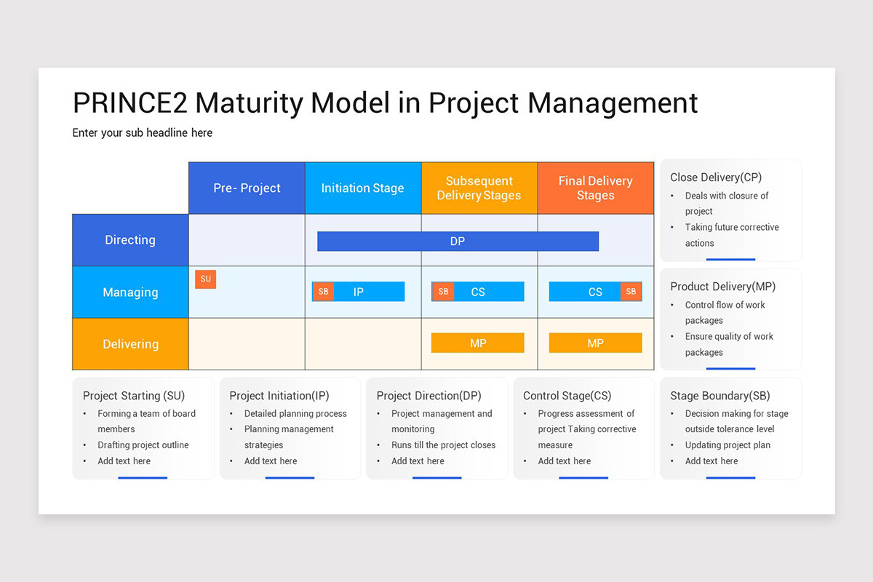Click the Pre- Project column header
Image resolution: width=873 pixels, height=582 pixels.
[247, 188]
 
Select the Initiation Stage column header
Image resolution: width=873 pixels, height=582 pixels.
[362, 188]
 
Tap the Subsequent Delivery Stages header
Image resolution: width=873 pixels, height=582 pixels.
[479, 188]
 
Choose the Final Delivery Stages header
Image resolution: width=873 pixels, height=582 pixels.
[595, 188]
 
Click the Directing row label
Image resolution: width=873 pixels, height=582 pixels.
[130, 240]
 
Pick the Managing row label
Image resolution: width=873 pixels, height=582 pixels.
[130, 292]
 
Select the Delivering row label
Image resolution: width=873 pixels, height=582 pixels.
[130, 344]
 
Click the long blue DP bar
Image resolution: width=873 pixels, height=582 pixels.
[458, 242]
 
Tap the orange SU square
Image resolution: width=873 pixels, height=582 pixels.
[205, 279]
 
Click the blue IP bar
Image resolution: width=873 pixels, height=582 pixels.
[368, 292]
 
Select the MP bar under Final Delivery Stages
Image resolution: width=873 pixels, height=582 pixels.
[595, 343]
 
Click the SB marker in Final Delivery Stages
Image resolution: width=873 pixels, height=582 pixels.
[631, 292]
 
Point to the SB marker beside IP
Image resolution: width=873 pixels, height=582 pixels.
[323, 292]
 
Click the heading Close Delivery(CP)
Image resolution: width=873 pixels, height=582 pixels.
[716, 178]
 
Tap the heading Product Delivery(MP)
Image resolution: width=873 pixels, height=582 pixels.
[722, 287]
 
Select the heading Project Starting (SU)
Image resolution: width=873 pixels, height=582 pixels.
[134, 396]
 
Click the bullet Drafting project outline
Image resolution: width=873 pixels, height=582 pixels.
[143, 445]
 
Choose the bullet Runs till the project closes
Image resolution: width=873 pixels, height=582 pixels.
[443, 445]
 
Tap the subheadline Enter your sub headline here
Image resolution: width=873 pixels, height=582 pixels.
[143, 133]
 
